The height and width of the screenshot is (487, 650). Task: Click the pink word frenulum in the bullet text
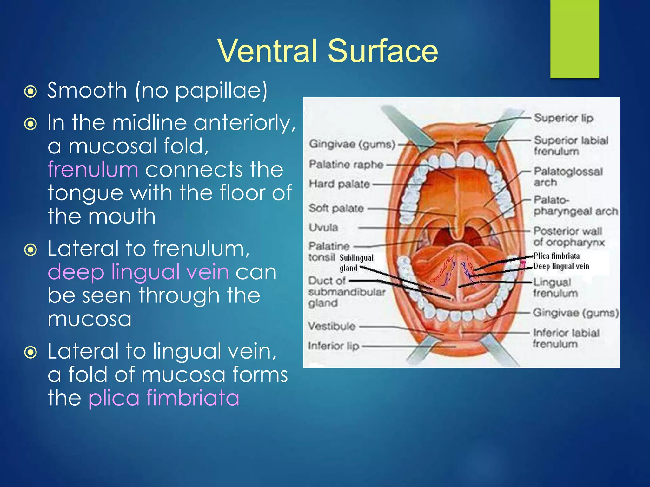(x=93, y=169)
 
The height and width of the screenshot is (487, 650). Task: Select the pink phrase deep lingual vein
(x=138, y=272)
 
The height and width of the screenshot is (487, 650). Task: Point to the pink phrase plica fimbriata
(x=164, y=398)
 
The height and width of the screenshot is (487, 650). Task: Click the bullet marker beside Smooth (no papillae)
(x=31, y=92)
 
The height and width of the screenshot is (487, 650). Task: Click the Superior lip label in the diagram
(x=563, y=118)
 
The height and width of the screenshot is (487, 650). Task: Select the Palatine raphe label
(x=346, y=164)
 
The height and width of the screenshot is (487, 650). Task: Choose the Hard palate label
(x=340, y=184)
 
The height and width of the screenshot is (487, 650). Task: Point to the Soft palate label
(x=336, y=208)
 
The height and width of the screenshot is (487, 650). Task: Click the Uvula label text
(x=323, y=227)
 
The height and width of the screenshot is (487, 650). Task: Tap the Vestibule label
(x=332, y=326)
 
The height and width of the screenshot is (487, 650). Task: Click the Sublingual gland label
(x=356, y=263)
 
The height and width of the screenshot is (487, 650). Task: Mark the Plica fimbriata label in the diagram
(x=557, y=256)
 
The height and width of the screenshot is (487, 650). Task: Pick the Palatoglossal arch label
(x=568, y=177)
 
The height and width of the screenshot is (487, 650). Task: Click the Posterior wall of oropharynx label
(x=568, y=237)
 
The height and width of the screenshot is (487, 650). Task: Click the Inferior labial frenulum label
(x=566, y=338)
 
